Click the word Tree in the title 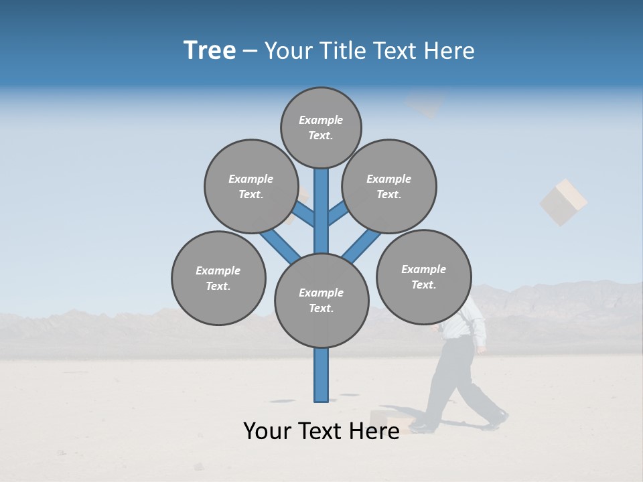pyautogui.click(x=210, y=51)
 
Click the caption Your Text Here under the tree pyautogui.click(x=321, y=431)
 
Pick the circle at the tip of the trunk pyautogui.click(x=321, y=127)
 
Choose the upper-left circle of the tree pyautogui.click(x=251, y=186)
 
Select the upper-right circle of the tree pyautogui.click(x=389, y=186)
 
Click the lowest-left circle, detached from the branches pyautogui.click(x=218, y=278)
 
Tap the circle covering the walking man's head pyautogui.click(x=424, y=276)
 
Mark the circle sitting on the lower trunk pyautogui.click(x=321, y=301)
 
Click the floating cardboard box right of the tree pyautogui.click(x=563, y=202)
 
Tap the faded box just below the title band pyautogui.click(x=425, y=104)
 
